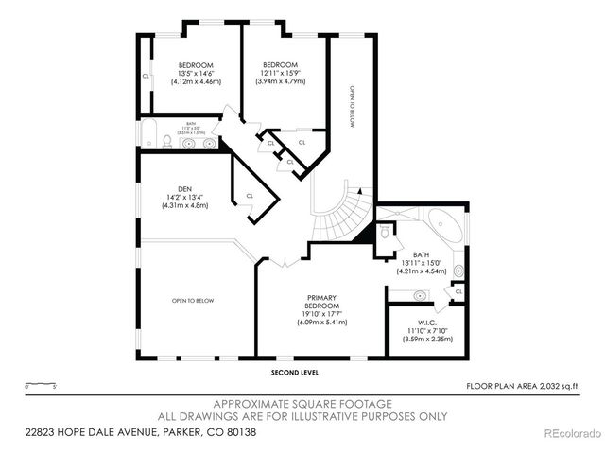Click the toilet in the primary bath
[386, 232]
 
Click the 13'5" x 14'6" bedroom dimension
[197, 74]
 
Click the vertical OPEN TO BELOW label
[352, 103]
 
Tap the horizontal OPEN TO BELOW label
[193, 301]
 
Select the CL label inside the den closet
[250, 196]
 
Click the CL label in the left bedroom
[146, 77]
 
